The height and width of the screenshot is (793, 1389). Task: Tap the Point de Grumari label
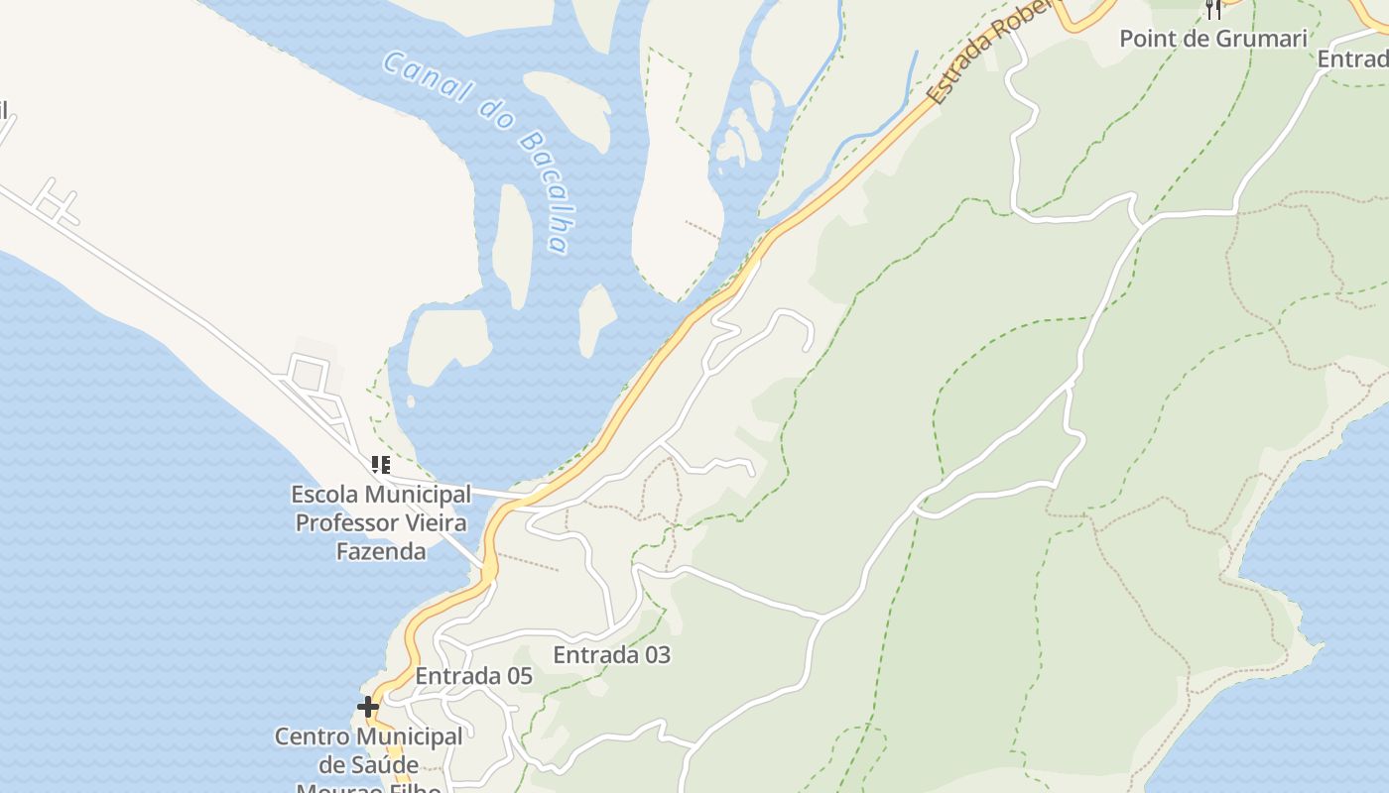pos(1213,39)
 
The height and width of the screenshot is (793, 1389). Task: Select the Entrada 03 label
pos(611,655)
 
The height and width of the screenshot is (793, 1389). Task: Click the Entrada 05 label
pos(473,677)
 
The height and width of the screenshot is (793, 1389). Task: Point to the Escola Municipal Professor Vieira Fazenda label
pos(381,522)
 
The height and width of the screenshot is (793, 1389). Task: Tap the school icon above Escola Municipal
pos(380,464)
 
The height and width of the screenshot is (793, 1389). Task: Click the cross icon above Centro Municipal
pos(368,707)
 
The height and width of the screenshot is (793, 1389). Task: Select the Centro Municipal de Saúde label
pos(368,751)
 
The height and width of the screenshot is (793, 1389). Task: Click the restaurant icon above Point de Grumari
pos(1212,9)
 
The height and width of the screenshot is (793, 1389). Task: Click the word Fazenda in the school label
pos(381,551)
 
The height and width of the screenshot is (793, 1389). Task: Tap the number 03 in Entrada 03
pos(656,655)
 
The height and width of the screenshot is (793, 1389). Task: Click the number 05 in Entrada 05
pos(518,677)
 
